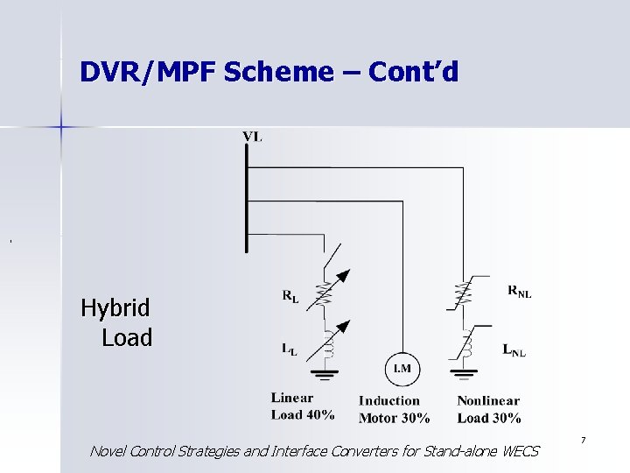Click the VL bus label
pyautogui.click(x=252, y=136)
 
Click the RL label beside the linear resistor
pyautogui.click(x=290, y=298)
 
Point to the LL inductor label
pyautogui.click(x=290, y=349)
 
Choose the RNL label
pyautogui.click(x=519, y=292)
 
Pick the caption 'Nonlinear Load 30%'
pyautogui.click(x=489, y=409)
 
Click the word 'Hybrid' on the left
pyautogui.click(x=115, y=308)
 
